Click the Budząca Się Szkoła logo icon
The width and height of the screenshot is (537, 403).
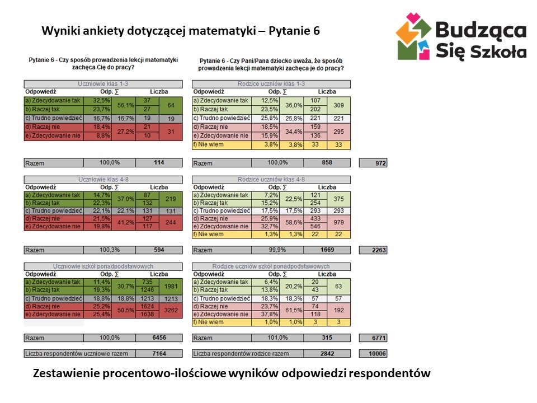tap(413, 37)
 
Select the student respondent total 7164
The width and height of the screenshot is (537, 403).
tap(159, 354)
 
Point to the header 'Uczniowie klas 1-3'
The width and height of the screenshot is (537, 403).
tap(103, 84)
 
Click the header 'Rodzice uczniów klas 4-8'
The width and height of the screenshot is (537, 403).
tap(271, 180)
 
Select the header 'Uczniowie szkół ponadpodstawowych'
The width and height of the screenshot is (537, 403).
tap(103, 266)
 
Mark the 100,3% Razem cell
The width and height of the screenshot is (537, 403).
tap(110, 250)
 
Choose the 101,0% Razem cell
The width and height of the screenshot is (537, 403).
tap(277, 338)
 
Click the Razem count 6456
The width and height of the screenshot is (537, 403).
tap(159, 338)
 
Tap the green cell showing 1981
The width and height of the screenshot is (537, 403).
tap(171, 287)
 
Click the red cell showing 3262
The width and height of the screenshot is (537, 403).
tap(171, 310)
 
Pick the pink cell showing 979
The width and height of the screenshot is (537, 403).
tap(338, 223)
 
